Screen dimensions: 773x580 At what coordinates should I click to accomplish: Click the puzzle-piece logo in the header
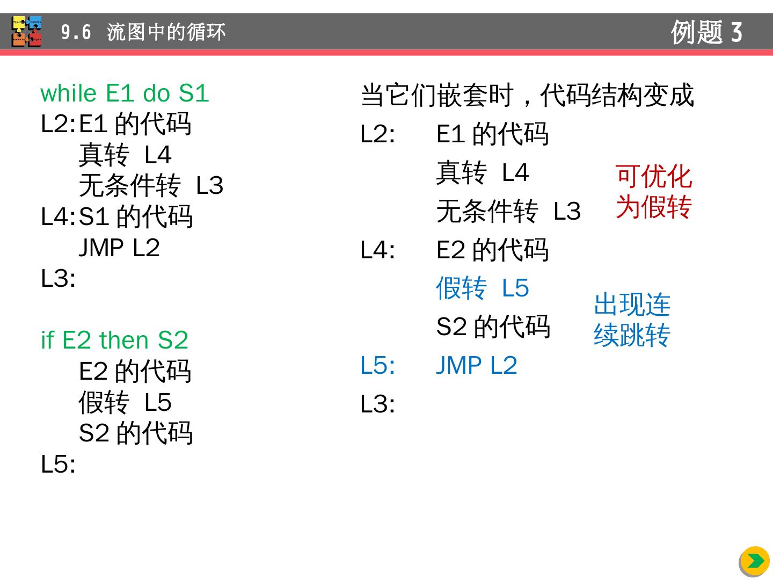coord(27,31)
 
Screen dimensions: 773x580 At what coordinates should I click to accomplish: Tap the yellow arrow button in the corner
coord(755,561)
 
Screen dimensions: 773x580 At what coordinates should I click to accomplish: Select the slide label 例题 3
coord(706,32)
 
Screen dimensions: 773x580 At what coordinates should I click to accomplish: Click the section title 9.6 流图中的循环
coord(143,32)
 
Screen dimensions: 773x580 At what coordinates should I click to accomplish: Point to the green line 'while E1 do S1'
coord(125,93)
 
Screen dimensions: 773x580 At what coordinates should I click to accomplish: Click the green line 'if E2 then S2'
coord(114,340)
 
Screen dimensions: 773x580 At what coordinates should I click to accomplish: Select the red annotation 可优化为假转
coord(653,192)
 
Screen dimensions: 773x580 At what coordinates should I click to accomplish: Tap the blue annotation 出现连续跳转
coord(632,320)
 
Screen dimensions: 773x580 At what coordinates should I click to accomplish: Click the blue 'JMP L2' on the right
coord(476,366)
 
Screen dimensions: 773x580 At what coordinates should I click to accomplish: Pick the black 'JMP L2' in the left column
coord(119,248)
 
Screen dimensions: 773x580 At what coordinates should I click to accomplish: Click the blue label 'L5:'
coord(377,366)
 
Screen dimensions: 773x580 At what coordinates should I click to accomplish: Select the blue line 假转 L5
coord(482,288)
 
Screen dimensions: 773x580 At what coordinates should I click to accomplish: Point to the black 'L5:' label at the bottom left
coord(58,464)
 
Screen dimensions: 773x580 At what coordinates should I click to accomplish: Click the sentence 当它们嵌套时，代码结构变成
coord(527,96)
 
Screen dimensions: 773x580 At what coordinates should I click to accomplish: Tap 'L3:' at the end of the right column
coord(377,404)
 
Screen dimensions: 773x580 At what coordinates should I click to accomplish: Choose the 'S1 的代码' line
coord(135,217)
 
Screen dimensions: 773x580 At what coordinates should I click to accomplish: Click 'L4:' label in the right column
coord(377,250)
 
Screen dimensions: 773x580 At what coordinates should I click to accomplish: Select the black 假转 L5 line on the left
coord(125,402)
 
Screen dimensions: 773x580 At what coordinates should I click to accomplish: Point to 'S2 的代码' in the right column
coord(493,327)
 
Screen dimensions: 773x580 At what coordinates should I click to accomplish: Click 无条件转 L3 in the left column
coord(151,186)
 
